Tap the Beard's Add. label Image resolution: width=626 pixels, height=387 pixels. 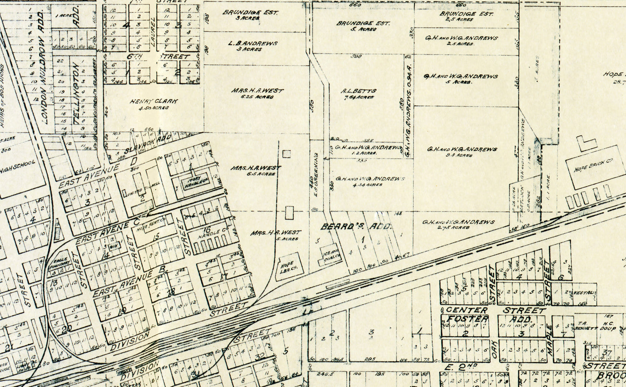point(356,227)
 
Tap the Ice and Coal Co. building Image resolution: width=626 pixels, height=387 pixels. point(331,255)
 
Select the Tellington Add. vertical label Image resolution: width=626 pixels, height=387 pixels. point(77,94)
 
